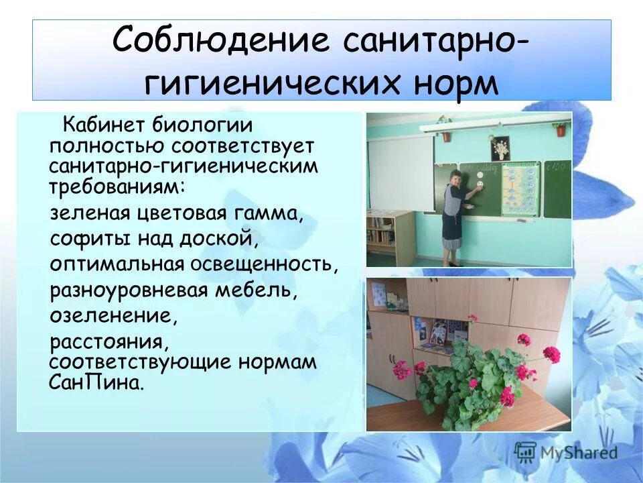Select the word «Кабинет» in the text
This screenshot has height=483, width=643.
click(104, 125)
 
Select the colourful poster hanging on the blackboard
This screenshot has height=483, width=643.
click(520, 189)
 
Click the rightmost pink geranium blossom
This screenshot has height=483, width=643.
click(551, 354)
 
